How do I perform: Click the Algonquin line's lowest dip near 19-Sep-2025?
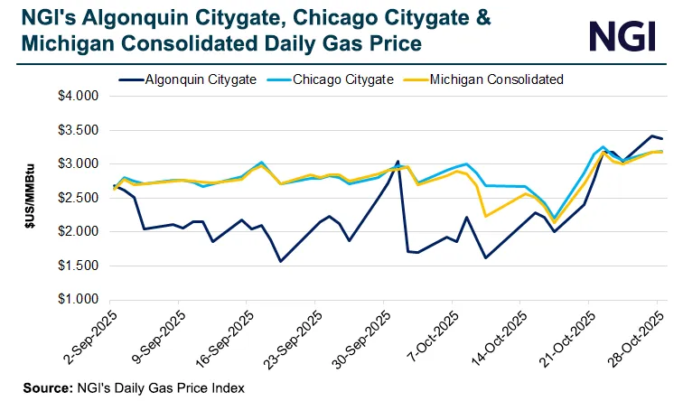[281, 261]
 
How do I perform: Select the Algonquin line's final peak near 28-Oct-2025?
[650, 135]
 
